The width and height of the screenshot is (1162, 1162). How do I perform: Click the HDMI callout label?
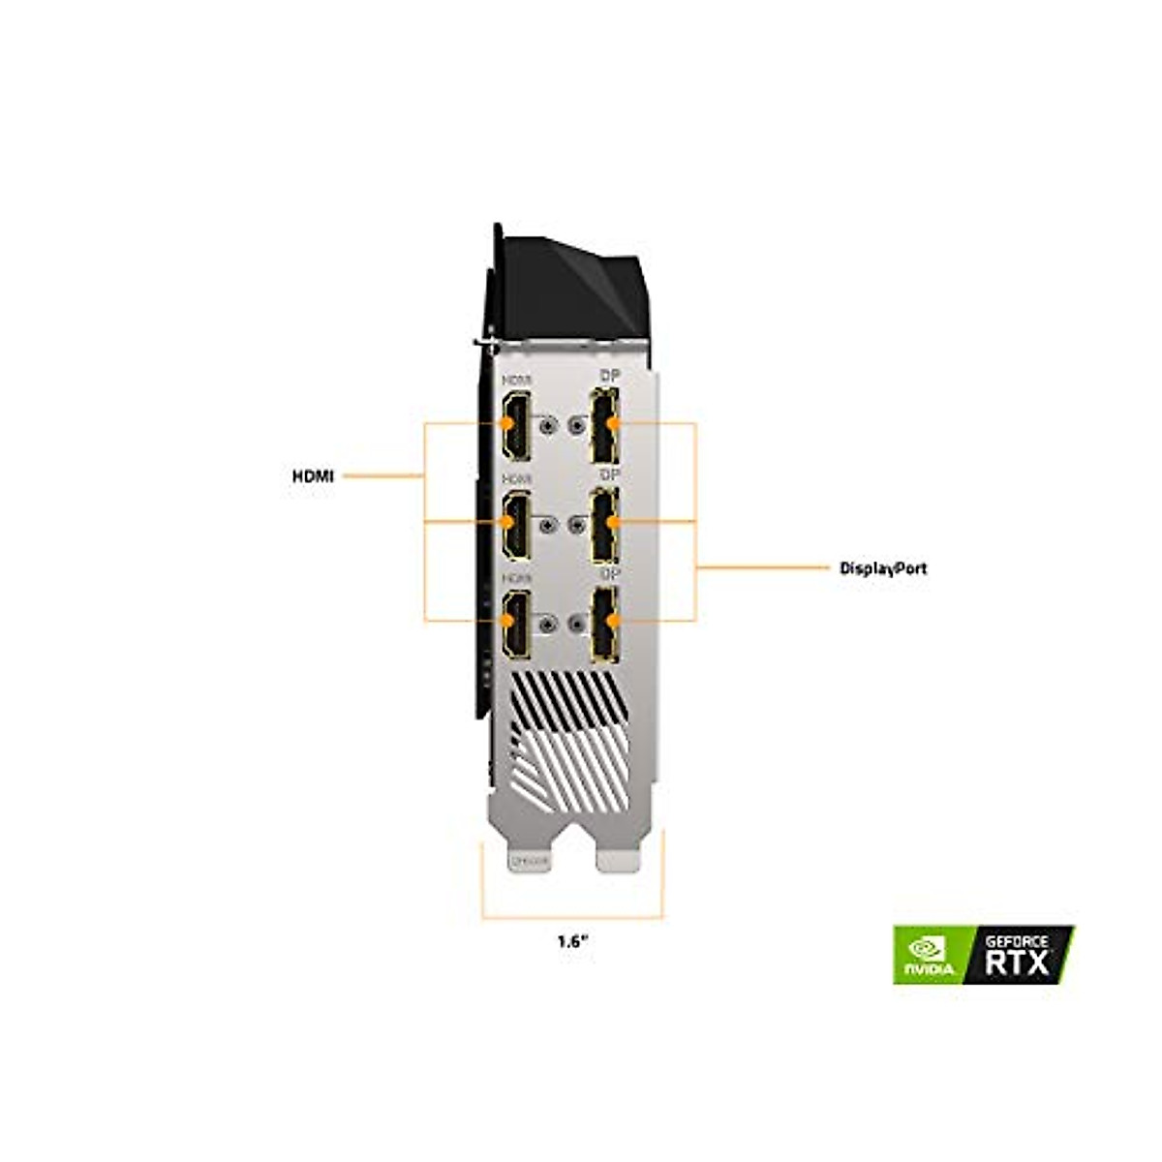[x=313, y=476]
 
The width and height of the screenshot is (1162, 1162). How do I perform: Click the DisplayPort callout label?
[x=882, y=568]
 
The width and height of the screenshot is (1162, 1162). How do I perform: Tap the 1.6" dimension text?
[x=573, y=940]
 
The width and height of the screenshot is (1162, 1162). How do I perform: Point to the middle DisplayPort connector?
[x=605, y=524]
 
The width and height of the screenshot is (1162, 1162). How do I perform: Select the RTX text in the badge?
[x=1017, y=963]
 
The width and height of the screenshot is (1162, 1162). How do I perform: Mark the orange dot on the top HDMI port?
[x=505, y=423]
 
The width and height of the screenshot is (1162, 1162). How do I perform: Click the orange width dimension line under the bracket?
[x=573, y=917]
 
